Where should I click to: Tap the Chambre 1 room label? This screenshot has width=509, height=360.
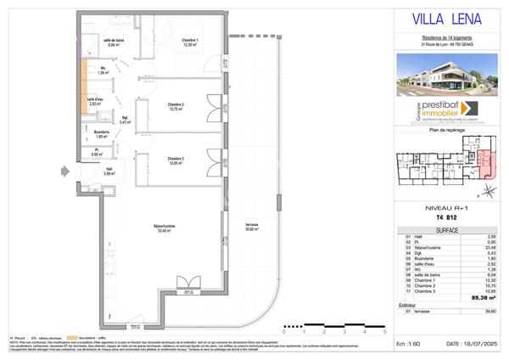tap(189, 43)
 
